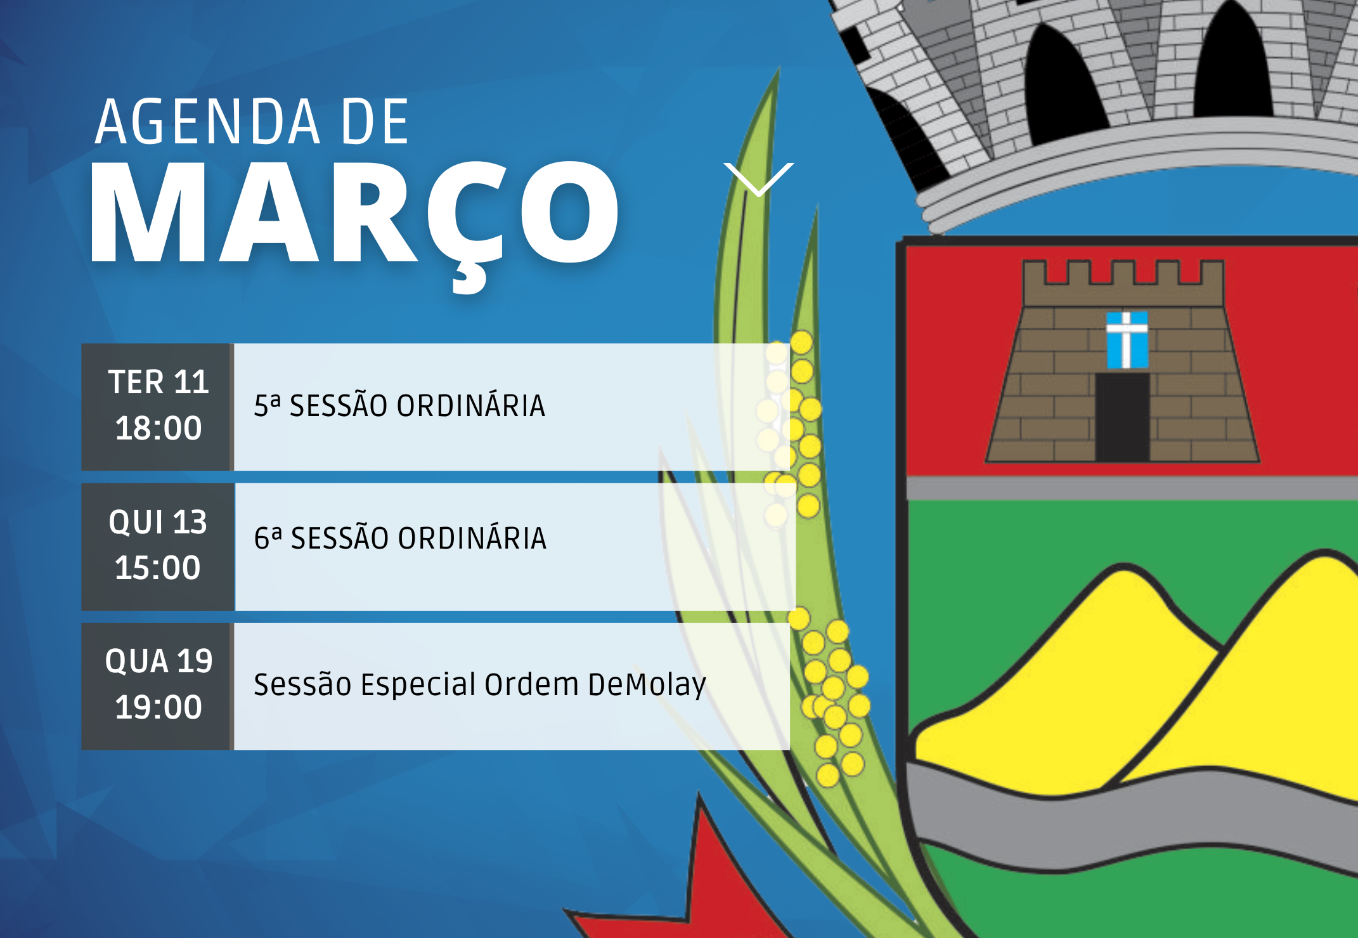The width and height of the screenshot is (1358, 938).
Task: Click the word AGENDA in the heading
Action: click(x=208, y=121)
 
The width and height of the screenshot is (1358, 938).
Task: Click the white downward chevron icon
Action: click(x=758, y=179)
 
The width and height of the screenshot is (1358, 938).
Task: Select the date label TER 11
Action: click(x=158, y=382)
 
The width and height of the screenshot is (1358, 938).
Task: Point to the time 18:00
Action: click(x=158, y=428)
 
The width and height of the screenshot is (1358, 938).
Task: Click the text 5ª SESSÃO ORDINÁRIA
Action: click(x=399, y=406)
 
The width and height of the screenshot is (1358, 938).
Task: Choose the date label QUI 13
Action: click(x=158, y=522)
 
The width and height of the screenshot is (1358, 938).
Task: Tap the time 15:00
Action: click(x=158, y=568)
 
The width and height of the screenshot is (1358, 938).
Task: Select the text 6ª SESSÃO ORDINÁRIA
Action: click(x=400, y=538)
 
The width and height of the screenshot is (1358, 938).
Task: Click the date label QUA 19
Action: click(x=158, y=661)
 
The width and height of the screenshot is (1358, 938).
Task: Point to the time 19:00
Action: click(x=158, y=707)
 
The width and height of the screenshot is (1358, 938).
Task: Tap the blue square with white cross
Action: click(x=1127, y=340)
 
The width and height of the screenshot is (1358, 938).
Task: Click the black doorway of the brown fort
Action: click(x=1123, y=417)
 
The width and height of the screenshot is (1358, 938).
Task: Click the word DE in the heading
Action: click(x=375, y=121)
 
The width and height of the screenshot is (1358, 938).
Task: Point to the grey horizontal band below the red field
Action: click(x=1132, y=488)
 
